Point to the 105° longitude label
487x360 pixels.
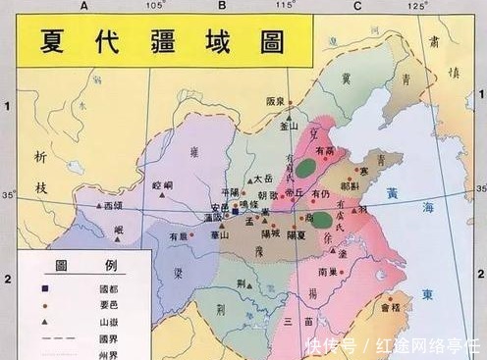(x=153, y=7)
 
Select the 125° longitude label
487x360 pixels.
(x=419, y=7)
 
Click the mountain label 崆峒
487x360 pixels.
(x=162, y=183)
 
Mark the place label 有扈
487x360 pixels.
(x=177, y=235)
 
